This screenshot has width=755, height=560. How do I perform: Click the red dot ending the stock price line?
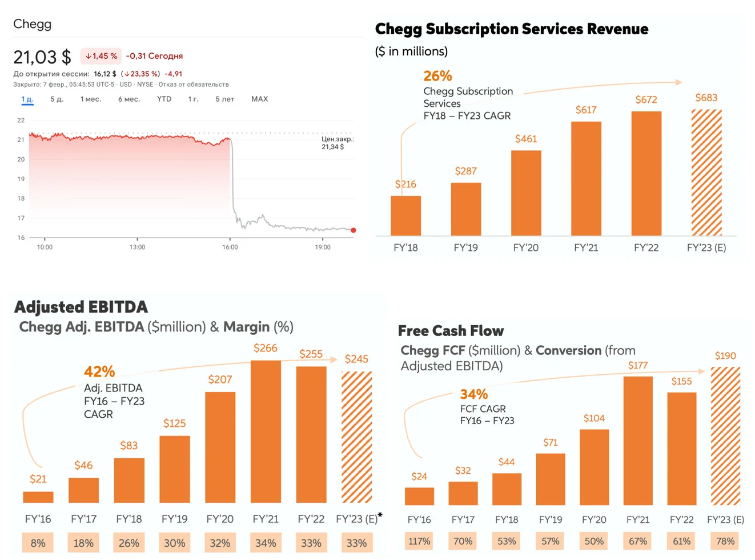point(354,230)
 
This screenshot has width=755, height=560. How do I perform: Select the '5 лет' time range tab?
point(224,99)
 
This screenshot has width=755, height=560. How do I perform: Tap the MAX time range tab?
point(259,99)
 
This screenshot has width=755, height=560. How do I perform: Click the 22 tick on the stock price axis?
point(21,120)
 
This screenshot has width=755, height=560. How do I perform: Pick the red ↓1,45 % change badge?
point(101,56)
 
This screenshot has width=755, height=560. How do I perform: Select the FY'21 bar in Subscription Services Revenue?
point(586,178)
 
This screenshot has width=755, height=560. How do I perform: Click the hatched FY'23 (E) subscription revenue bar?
point(706,173)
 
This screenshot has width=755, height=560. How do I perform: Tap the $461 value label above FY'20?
point(526,139)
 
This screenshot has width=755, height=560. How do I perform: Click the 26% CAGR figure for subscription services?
point(437,76)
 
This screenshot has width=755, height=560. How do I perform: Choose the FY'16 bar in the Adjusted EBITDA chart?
point(38,497)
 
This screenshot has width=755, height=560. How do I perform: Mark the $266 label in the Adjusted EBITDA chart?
point(266,348)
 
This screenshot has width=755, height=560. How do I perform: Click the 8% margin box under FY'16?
point(38,543)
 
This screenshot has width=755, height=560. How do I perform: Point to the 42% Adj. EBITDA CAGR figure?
point(99,371)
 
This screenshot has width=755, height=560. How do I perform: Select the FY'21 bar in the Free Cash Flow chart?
point(638,441)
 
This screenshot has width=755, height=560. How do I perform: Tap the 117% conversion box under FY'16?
point(419,541)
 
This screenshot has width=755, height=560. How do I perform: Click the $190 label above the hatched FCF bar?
point(725,356)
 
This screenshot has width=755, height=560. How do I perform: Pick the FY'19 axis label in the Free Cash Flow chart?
point(551,520)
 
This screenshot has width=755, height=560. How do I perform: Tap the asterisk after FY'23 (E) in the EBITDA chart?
point(380,514)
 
